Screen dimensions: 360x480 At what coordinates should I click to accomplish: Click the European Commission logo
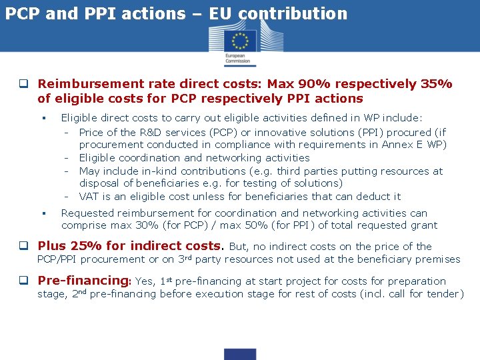pos(239,47)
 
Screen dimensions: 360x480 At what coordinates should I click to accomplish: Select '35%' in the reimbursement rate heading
pos(437,84)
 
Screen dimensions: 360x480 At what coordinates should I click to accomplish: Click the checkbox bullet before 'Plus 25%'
pos(23,247)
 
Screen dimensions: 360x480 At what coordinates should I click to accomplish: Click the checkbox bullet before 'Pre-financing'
pos(23,281)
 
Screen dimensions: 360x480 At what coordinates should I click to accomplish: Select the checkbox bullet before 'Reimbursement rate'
pos(23,85)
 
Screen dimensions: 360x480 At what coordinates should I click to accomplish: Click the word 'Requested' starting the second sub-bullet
pos(87,213)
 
